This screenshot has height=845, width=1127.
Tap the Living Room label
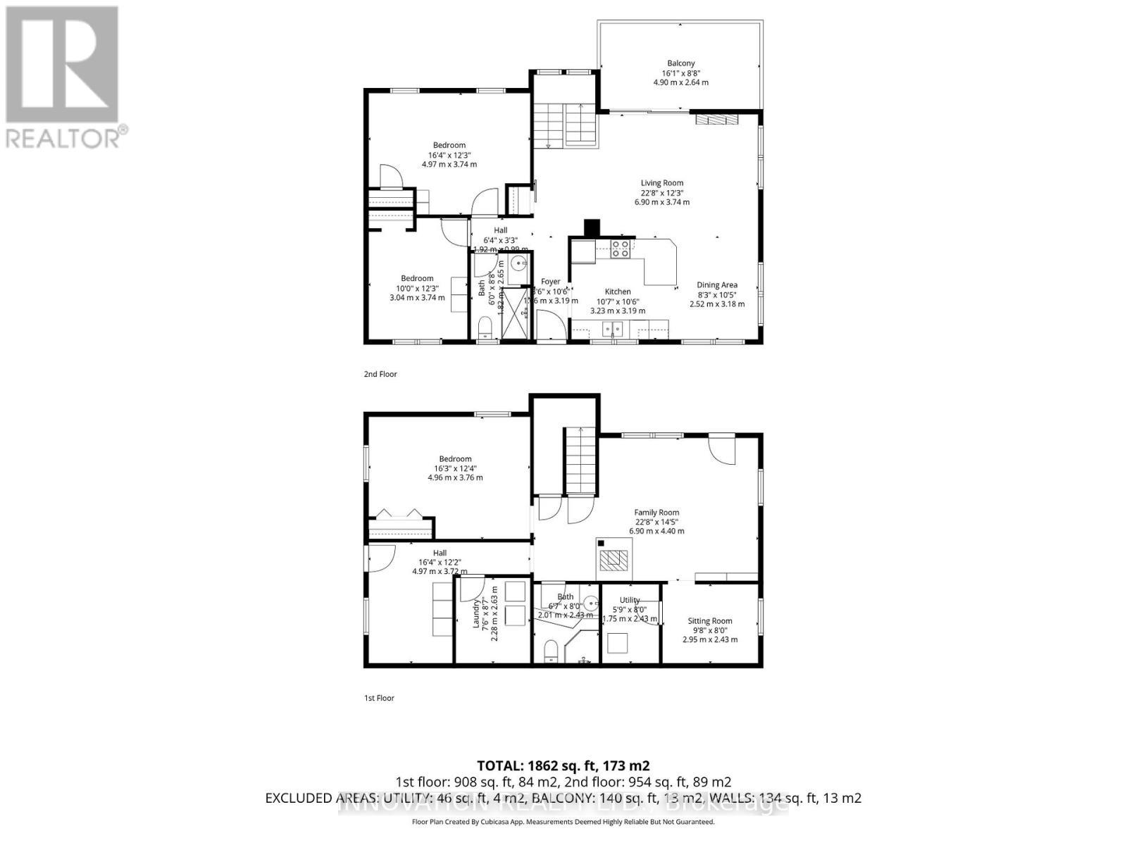(661, 183)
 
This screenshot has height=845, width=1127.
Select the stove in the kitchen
(620, 249)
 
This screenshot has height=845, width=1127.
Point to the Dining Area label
(717, 285)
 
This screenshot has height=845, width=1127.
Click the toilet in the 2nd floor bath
(485, 329)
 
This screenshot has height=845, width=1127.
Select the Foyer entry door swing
(551, 325)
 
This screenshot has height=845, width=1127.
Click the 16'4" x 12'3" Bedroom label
(449, 146)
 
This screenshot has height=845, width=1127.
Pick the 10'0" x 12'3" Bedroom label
(417, 279)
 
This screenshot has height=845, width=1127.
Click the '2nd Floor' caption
(380, 374)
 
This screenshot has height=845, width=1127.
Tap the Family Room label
(656, 513)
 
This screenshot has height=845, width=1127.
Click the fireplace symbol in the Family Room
(613, 558)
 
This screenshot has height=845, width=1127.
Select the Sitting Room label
(710, 621)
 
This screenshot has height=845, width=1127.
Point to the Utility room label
(630, 601)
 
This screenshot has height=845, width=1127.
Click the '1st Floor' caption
(379, 698)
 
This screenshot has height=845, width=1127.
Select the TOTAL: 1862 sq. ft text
(563, 765)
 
